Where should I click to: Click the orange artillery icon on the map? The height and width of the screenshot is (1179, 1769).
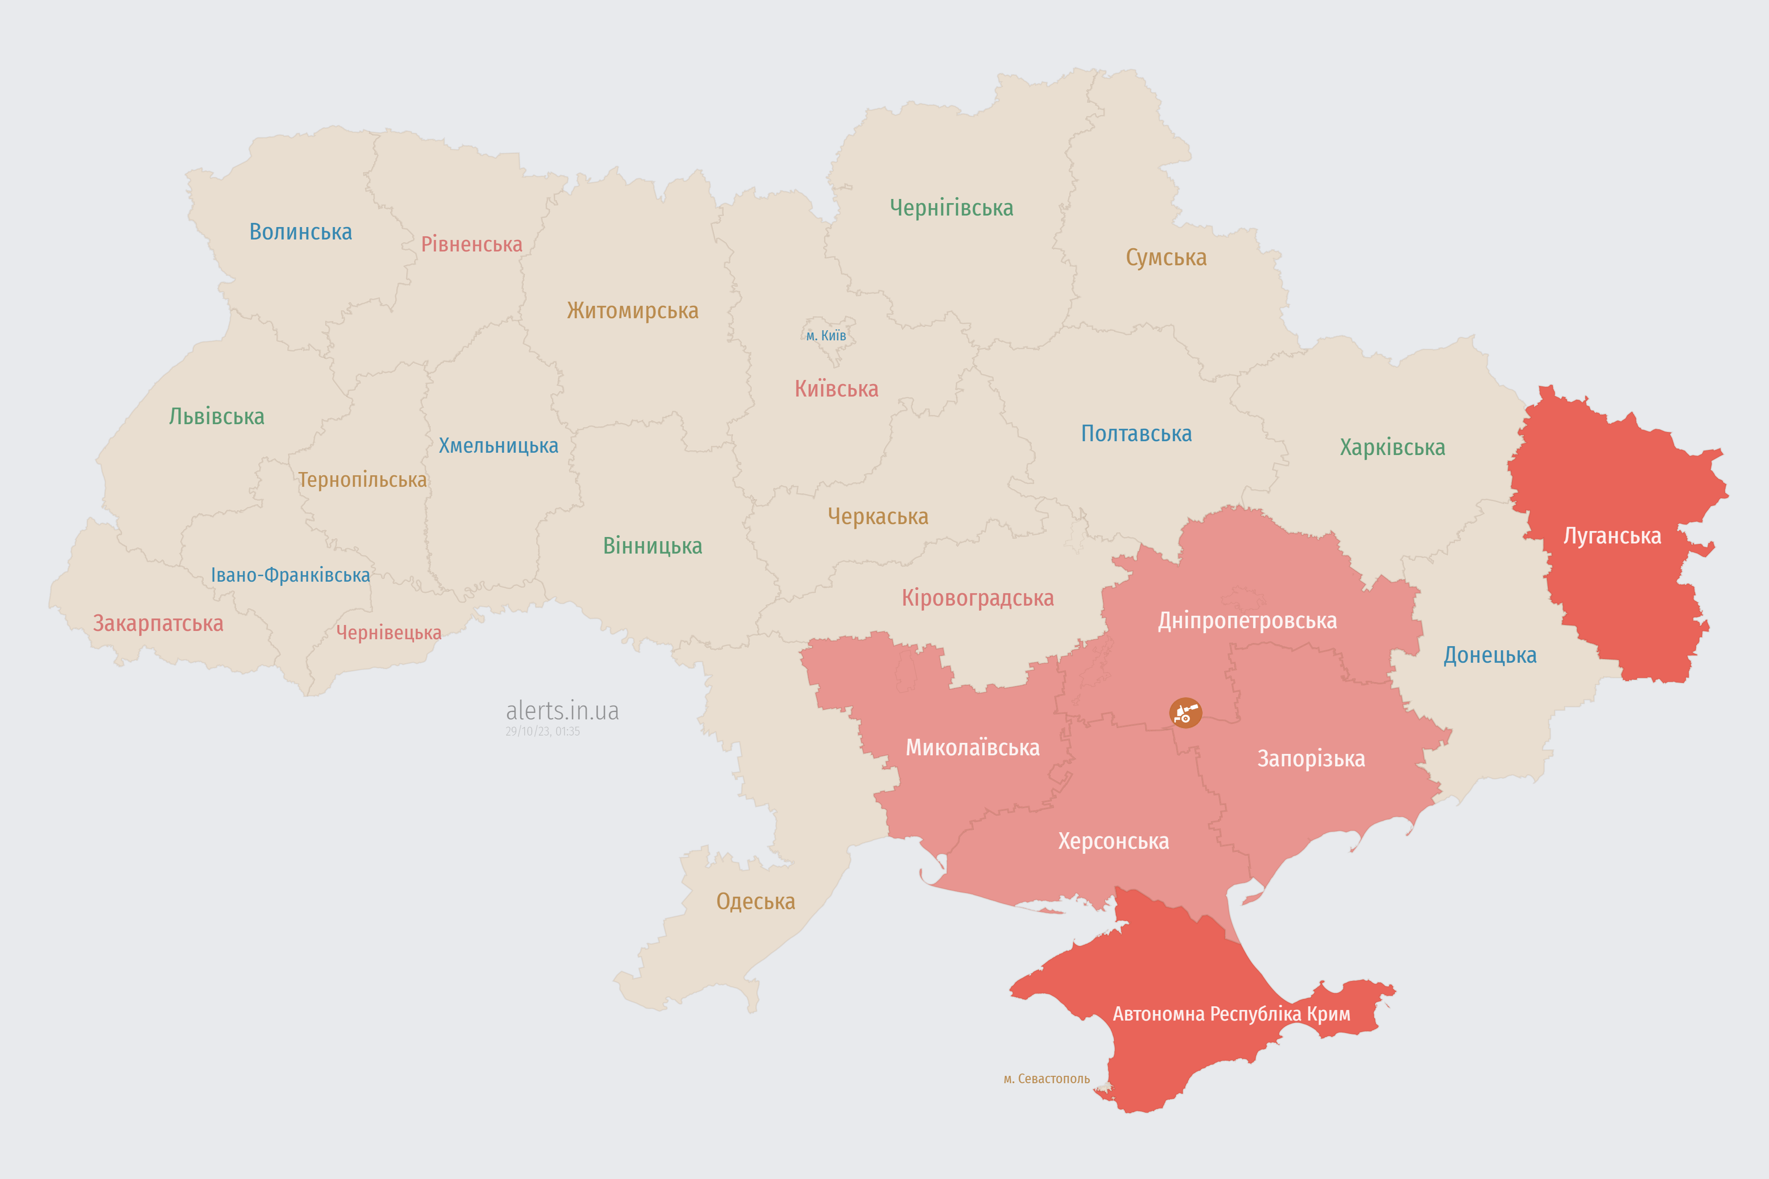coord(1185,712)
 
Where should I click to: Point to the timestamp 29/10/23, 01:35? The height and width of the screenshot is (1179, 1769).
coord(542,731)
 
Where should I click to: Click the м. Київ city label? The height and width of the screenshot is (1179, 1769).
coord(826,335)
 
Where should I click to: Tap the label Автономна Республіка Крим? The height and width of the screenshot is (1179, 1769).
coord(1231,1014)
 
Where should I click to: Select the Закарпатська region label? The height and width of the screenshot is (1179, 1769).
coord(158,623)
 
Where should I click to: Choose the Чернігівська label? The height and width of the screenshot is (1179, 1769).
coord(951,208)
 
